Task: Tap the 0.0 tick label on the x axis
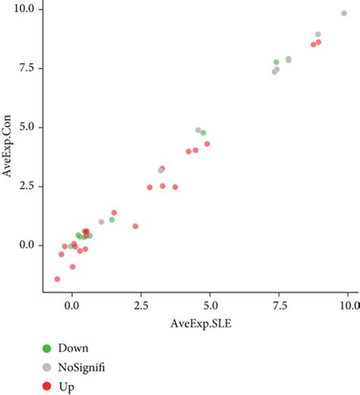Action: coord(71,305)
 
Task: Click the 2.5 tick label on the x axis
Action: coord(141,305)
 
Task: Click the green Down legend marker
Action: coord(47,348)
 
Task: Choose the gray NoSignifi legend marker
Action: coord(47,367)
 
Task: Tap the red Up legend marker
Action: coord(47,387)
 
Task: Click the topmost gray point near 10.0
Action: coord(344,13)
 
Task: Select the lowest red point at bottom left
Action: coord(58,280)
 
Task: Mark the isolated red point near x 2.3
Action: coord(135,226)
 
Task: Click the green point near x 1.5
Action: coord(112,220)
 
